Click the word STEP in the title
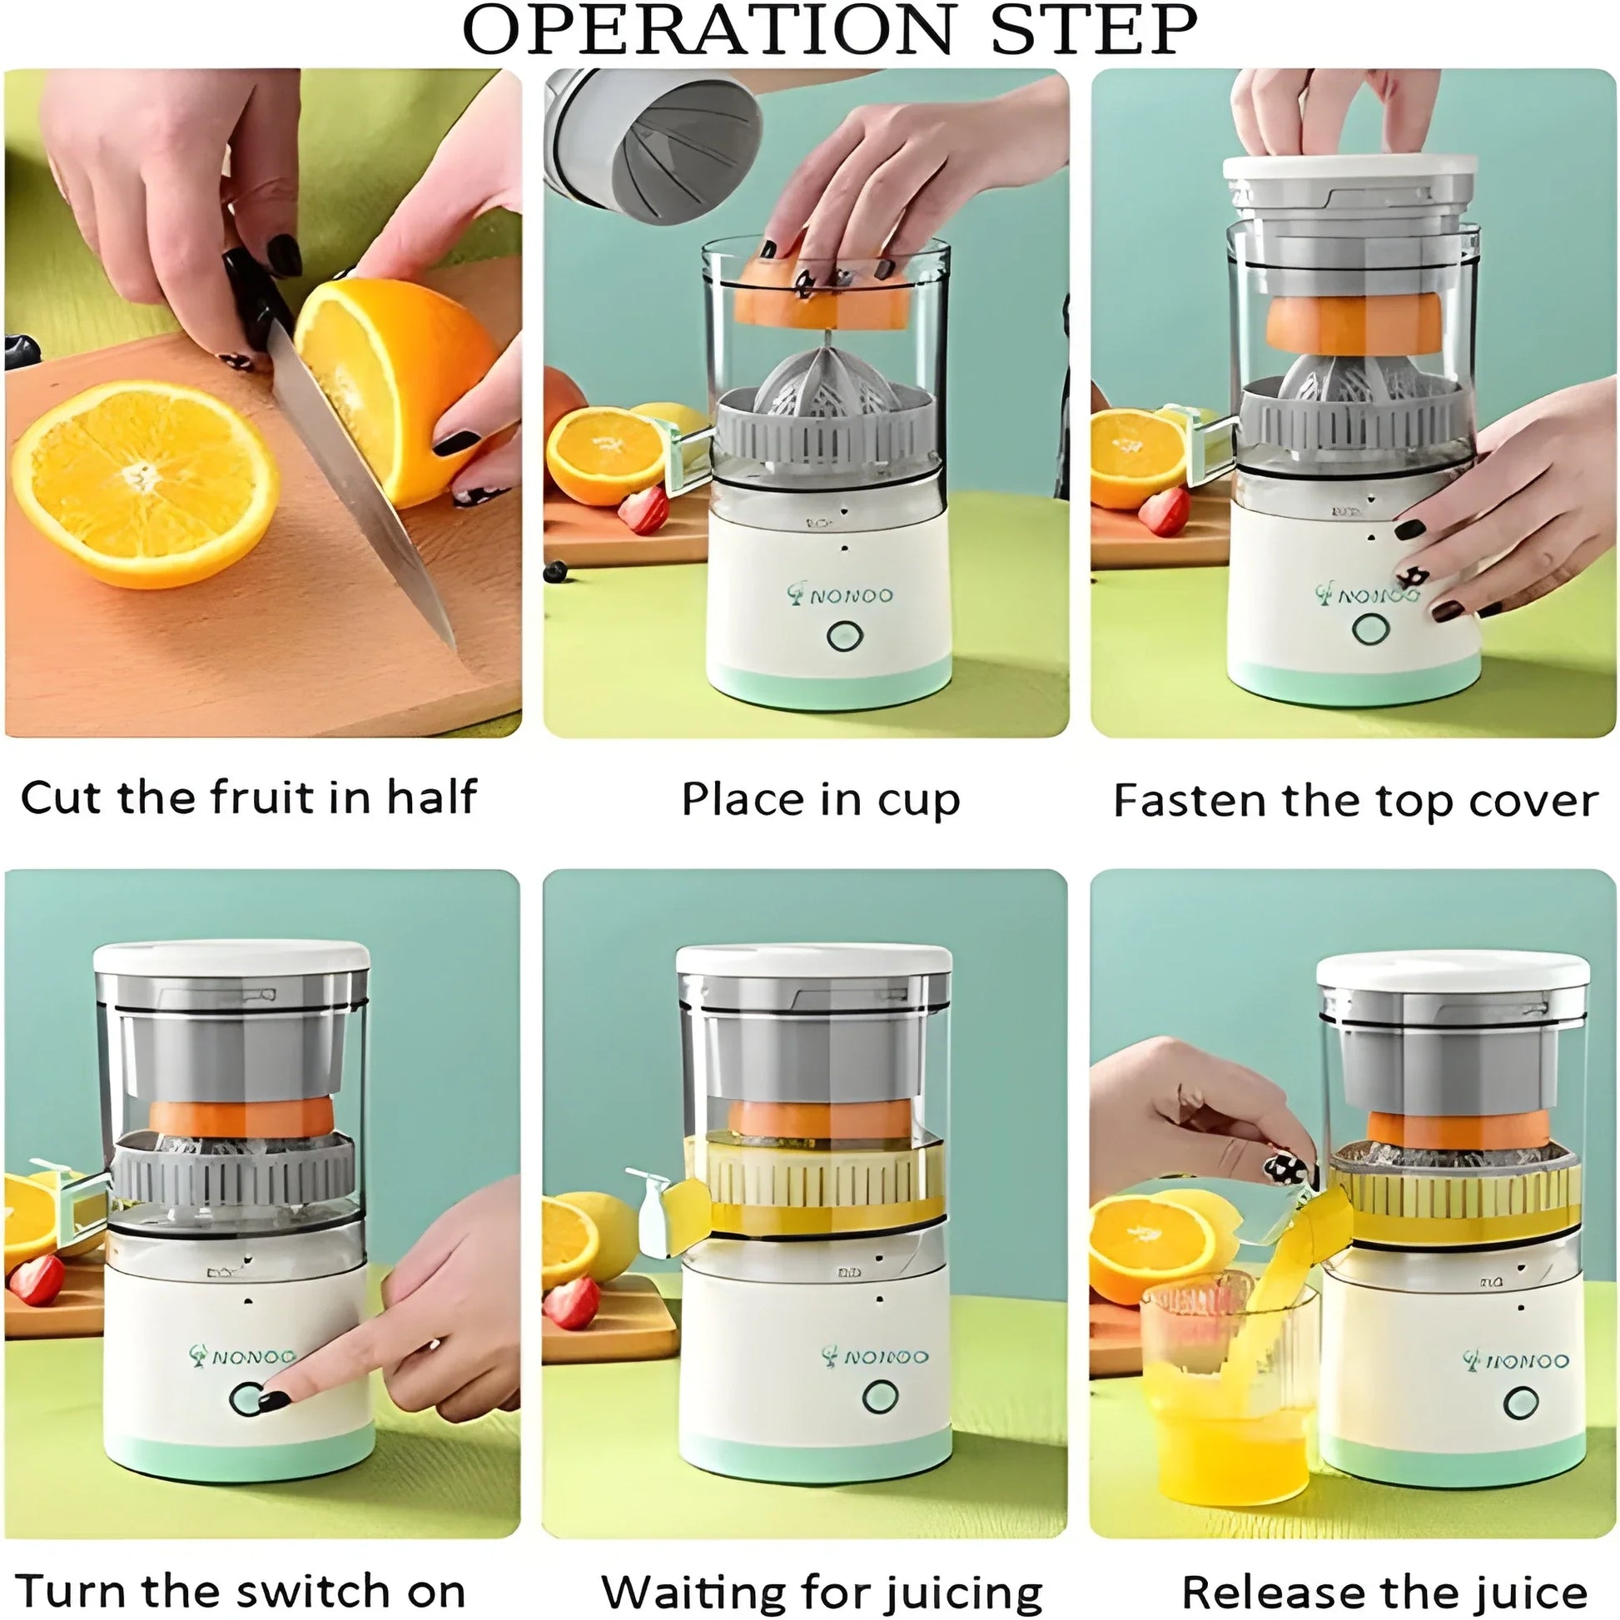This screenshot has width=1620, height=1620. pos(1093,30)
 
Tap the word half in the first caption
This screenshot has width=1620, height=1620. pos(431,798)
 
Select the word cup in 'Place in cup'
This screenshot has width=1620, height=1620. pos(918,802)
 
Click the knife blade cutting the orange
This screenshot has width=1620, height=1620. pos(360,486)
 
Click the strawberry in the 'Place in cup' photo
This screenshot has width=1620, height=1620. pos(644,509)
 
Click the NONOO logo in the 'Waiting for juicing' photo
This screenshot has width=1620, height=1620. pos(876,1357)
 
